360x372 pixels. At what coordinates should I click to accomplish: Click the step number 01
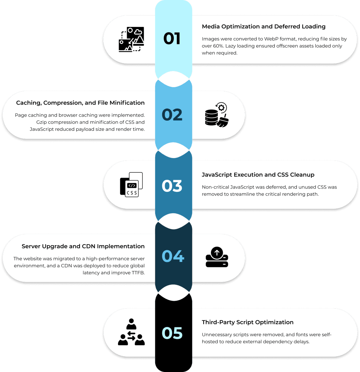point(172,39)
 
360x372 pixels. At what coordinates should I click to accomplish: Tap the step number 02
point(172,114)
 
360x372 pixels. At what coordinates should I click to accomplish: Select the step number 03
point(172,186)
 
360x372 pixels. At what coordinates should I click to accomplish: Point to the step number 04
point(172,256)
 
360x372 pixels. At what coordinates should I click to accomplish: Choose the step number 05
point(172,333)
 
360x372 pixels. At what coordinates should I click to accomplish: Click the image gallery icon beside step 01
point(131,39)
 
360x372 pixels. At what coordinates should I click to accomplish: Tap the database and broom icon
point(216,115)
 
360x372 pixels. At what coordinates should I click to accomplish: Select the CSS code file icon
point(131,185)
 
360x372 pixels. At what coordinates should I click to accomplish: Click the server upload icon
point(217,257)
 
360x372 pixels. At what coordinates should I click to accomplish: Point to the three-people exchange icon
point(131,332)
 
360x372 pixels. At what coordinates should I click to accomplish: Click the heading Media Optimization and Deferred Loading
point(263,27)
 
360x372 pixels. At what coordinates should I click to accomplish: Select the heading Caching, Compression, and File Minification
point(80,103)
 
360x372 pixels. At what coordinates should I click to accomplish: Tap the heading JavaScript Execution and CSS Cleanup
point(258,175)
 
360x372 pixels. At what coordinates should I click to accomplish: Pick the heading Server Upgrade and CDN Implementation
point(83,246)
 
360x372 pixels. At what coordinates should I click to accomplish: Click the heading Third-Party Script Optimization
point(247,322)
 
